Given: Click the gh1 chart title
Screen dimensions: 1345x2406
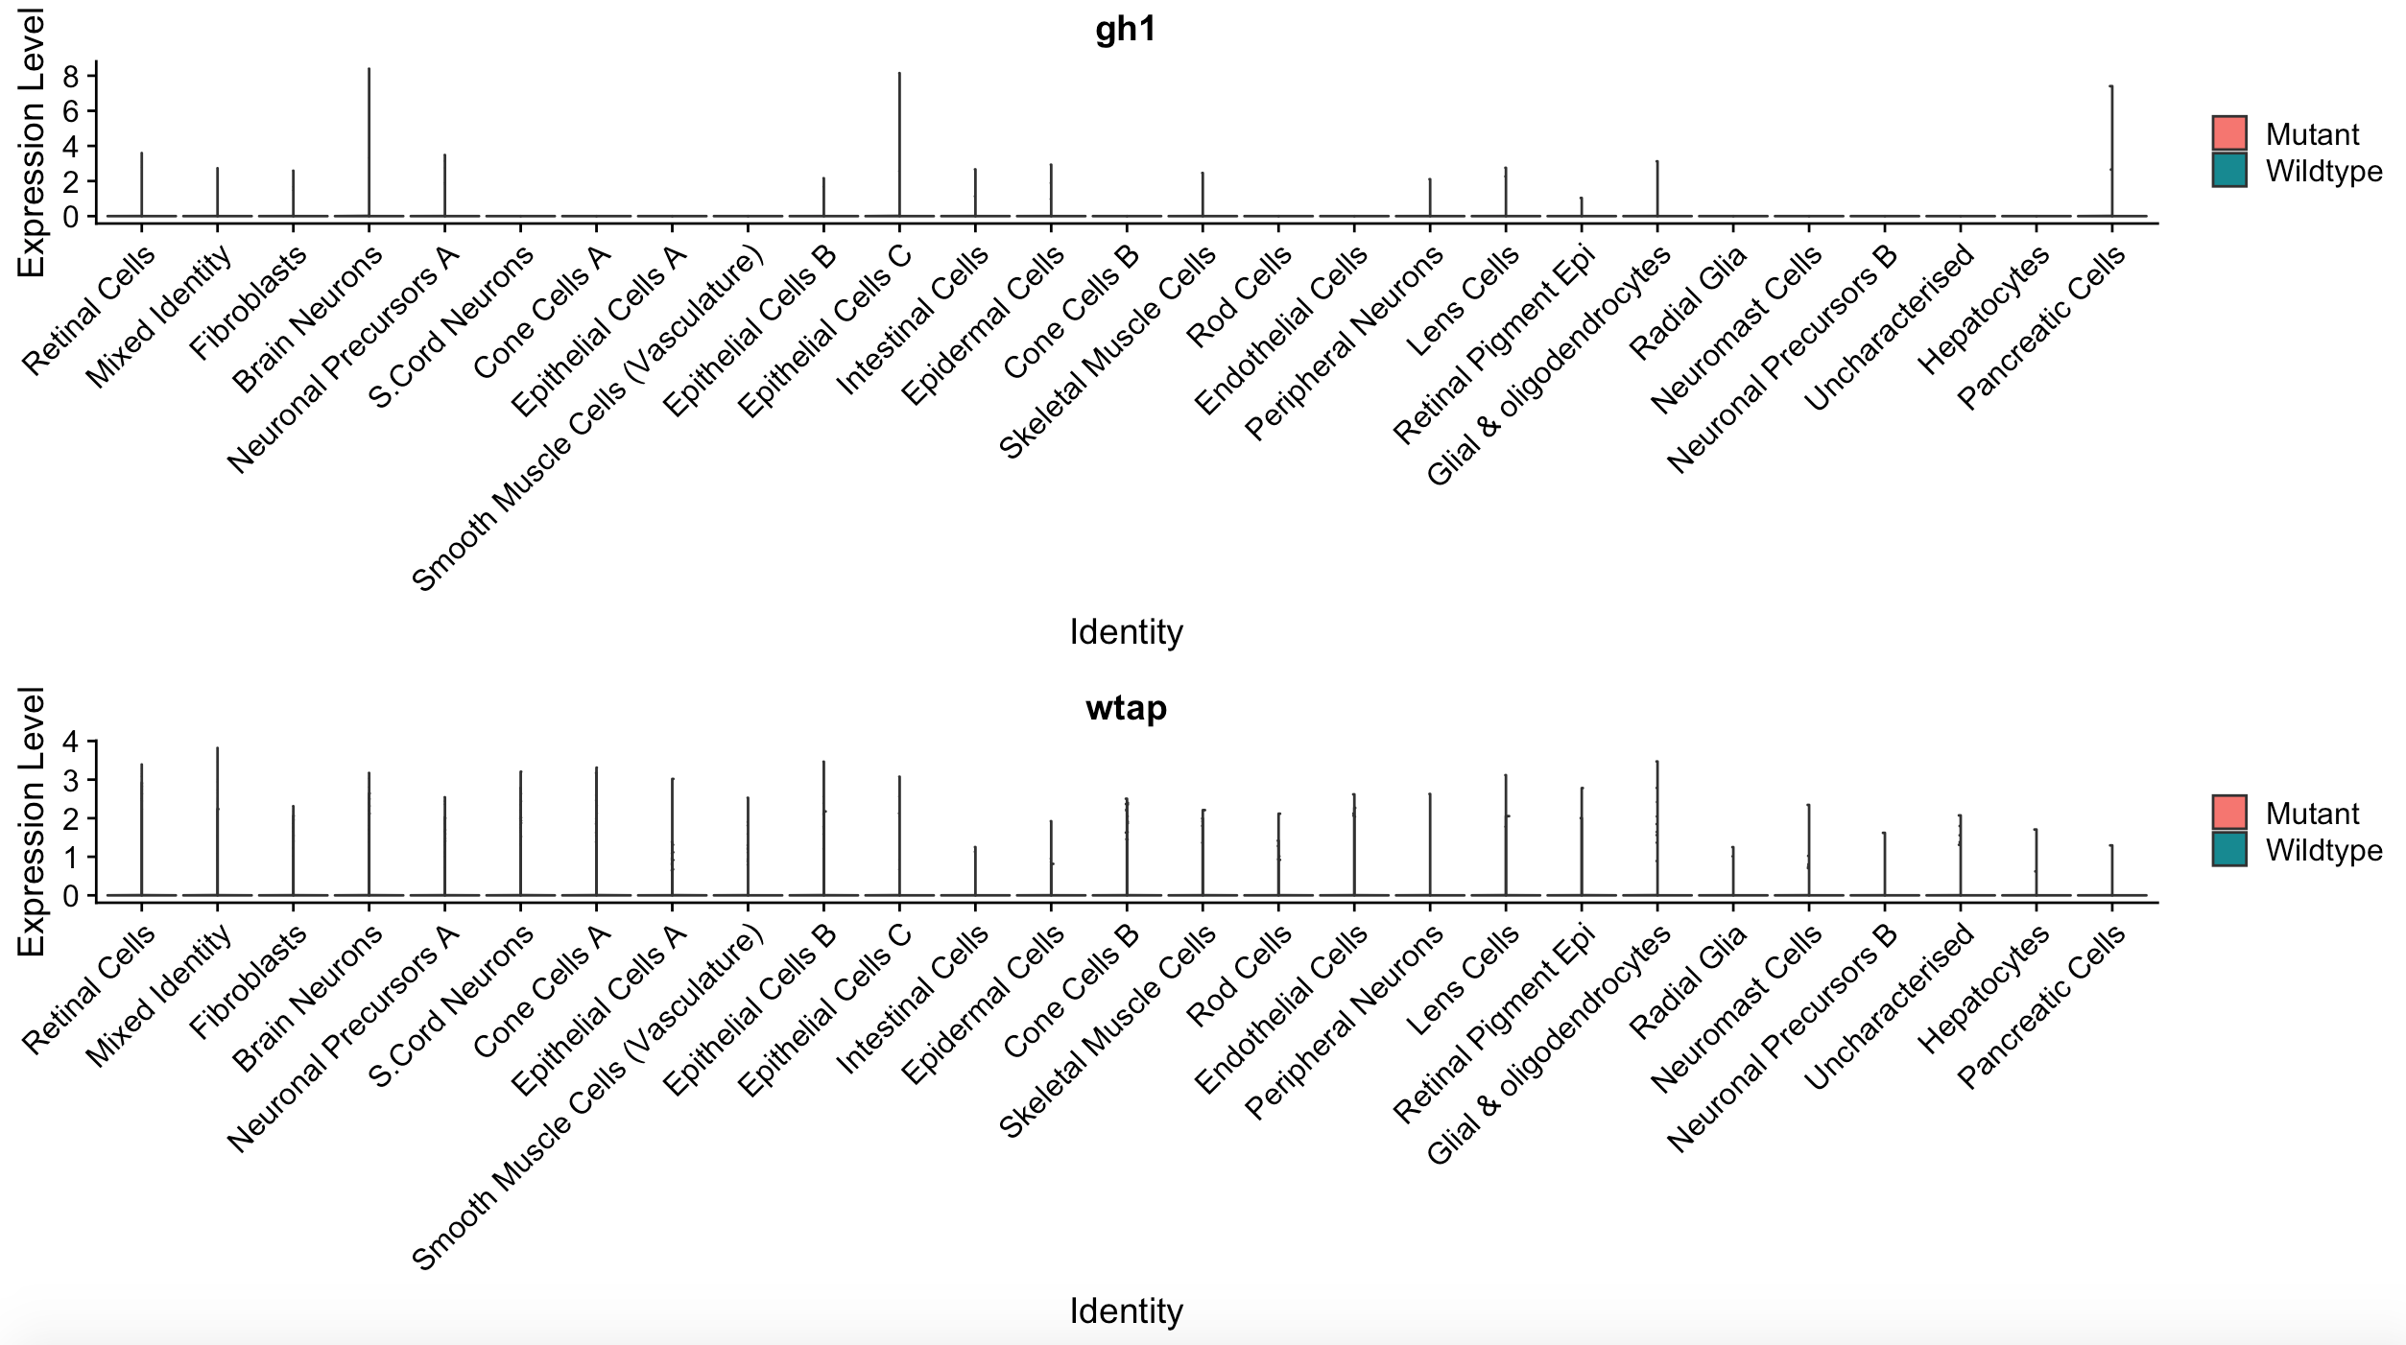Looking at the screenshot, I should point(1126,30).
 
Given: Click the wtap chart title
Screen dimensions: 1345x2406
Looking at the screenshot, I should point(1126,709).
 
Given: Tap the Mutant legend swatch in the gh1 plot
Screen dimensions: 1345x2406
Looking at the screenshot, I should point(2228,133).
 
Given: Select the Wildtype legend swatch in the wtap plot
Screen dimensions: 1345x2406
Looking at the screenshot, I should point(2228,849).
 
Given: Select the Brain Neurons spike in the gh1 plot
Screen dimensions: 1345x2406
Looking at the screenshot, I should point(369,144).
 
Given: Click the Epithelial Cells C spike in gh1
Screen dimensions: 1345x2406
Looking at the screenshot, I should point(899,144).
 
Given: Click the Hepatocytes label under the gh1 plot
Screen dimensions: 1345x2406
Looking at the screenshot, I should point(1985,309).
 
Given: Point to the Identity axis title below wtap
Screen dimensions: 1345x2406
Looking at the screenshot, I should point(1126,1310).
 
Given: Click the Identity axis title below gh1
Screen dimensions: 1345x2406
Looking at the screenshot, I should point(1126,632).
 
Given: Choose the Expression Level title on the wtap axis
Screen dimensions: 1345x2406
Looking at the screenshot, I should point(31,821).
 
